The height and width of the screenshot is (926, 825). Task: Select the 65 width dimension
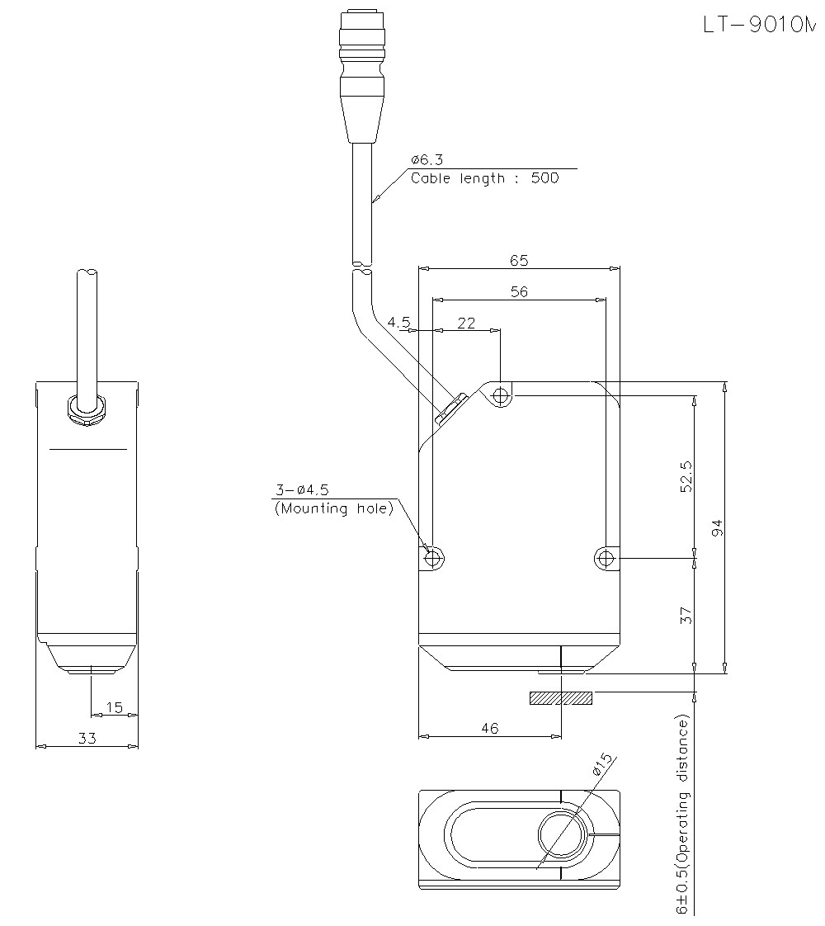click(x=519, y=260)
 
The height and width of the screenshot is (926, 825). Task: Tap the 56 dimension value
click(x=519, y=291)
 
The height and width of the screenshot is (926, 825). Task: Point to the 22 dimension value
click(x=466, y=323)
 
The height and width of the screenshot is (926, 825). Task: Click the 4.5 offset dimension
click(x=398, y=322)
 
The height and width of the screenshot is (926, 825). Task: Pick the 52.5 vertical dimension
click(x=686, y=476)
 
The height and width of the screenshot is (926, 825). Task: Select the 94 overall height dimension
click(x=717, y=527)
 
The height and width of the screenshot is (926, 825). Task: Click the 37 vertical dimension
click(x=686, y=615)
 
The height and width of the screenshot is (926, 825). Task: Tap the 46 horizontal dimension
click(x=489, y=727)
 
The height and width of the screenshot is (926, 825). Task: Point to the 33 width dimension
click(x=87, y=739)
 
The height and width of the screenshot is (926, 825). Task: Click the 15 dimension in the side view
click(x=114, y=707)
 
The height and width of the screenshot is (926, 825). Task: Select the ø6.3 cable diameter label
click(x=426, y=160)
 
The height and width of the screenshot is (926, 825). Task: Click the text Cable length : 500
click(x=484, y=177)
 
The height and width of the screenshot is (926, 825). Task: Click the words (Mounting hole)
click(x=333, y=508)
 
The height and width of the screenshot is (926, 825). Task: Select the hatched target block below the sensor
click(x=560, y=698)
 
